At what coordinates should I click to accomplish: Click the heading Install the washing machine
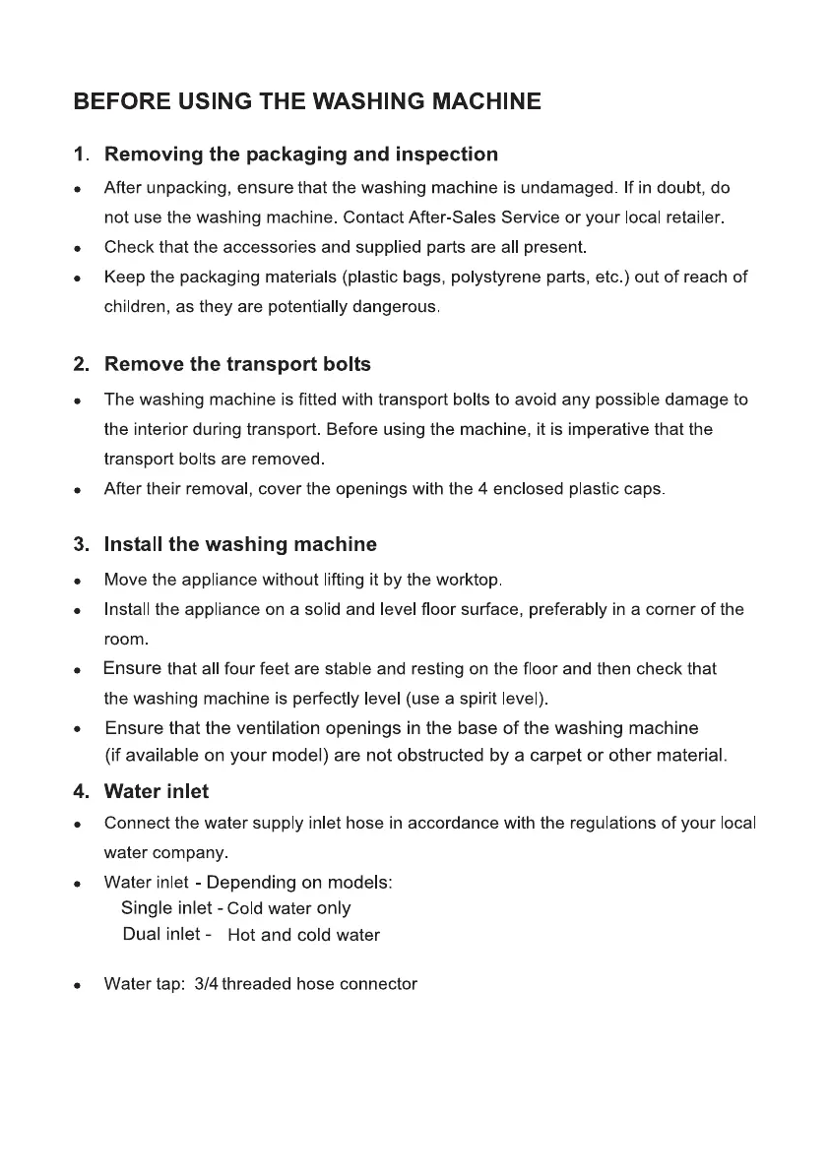coord(240,544)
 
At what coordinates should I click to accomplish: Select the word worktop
coord(469,580)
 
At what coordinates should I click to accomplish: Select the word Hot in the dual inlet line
coord(241,935)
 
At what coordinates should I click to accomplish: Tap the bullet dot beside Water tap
coord(77,985)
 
